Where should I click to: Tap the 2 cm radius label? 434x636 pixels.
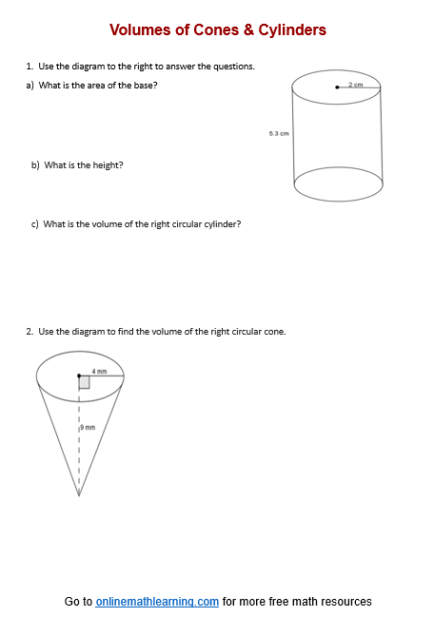point(356,85)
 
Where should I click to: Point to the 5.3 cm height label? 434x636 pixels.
point(279,134)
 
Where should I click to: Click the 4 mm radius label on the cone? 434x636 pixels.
point(99,371)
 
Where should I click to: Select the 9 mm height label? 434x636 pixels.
point(88,429)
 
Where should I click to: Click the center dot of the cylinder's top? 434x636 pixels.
point(338,87)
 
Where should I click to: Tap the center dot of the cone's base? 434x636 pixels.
point(79,376)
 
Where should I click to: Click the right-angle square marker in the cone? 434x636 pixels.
point(85,382)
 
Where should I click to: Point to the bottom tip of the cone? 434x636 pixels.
point(79,494)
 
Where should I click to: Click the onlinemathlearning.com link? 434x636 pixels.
point(157,602)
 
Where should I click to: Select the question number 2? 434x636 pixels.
point(29,332)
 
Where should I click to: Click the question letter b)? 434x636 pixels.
point(35,164)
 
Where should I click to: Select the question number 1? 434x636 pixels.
point(30,67)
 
